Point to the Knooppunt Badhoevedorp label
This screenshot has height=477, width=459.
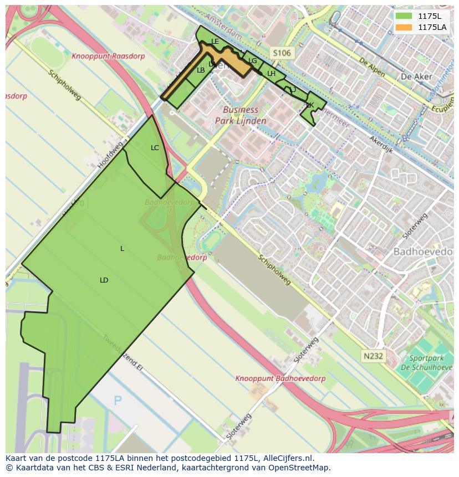tap(280, 378)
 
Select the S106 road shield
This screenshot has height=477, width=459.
tap(281, 53)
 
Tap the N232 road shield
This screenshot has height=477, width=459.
tap(374, 356)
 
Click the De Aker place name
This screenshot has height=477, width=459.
tap(412, 76)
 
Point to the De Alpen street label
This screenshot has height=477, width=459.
tap(371, 68)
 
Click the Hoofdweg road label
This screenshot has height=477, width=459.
tap(110, 155)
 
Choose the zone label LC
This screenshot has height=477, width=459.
tap(155, 147)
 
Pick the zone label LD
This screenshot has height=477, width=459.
tap(104, 280)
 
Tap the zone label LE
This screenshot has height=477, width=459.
tap(215, 42)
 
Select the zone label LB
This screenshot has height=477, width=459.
tap(201, 70)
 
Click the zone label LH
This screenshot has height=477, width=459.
tap(271, 74)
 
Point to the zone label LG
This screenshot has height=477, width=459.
tap(252, 61)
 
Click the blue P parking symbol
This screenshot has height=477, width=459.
tap(118, 401)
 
